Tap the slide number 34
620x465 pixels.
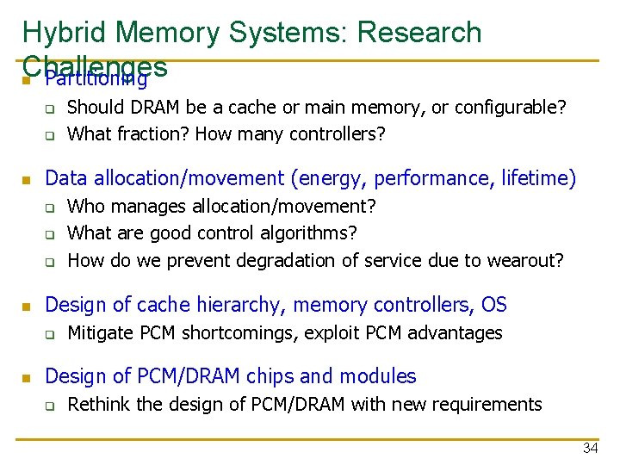click(x=590, y=448)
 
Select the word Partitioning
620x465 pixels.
click(x=96, y=80)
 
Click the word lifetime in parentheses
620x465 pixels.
click(x=537, y=178)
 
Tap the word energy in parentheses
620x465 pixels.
click(x=326, y=178)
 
